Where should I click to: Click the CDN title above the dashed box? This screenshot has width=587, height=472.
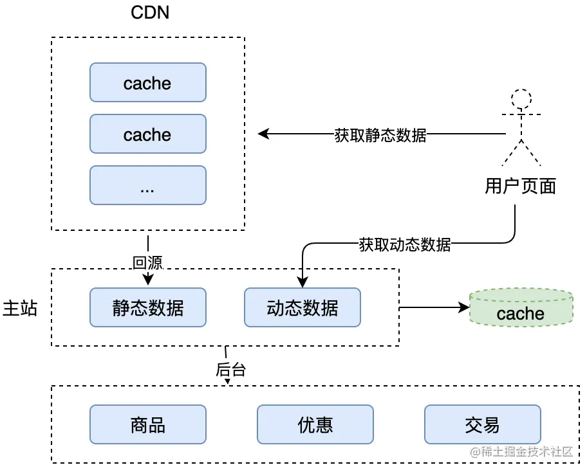149,12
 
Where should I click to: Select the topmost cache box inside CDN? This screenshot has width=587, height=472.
148,82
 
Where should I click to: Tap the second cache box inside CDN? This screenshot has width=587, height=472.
148,134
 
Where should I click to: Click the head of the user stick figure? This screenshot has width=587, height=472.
521,99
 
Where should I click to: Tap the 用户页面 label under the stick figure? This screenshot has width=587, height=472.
520,186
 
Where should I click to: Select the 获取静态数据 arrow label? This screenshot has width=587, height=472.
380,135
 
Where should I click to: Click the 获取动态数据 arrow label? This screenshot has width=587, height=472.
405,244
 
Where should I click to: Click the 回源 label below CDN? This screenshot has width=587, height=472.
147,262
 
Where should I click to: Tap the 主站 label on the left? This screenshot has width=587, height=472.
20,307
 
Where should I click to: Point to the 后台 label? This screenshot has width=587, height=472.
230,370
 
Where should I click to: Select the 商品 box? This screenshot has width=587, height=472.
148,424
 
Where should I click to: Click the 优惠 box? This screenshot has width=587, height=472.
315,424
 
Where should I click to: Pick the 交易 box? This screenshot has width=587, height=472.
483,424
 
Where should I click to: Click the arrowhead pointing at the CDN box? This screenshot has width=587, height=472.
263,134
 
